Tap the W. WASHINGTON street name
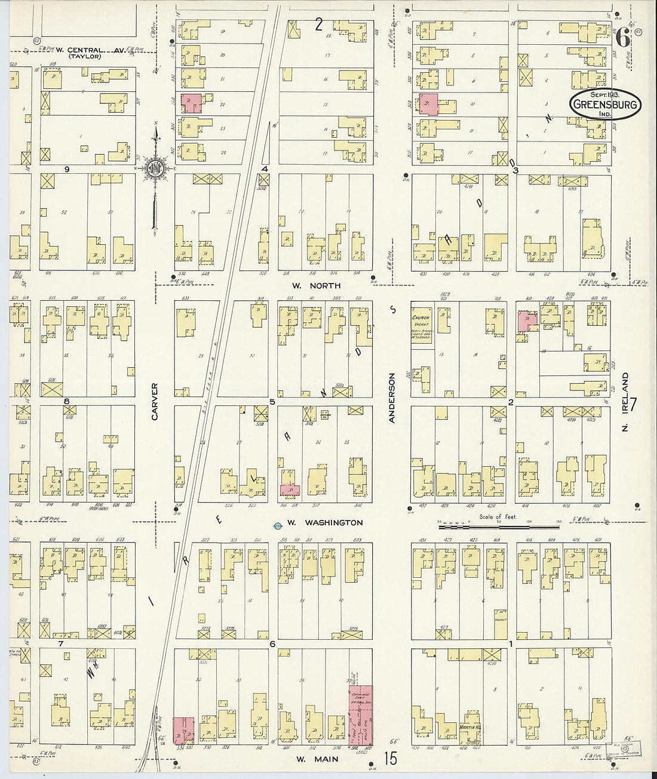(x=324, y=523)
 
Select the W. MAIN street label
(x=317, y=759)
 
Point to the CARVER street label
(x=155, y=401)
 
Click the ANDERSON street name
(x=392, y=398)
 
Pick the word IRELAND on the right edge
(x=625, y=388)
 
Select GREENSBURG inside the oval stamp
(x=605, y=104)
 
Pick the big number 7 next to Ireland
(x=633, y=404)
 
